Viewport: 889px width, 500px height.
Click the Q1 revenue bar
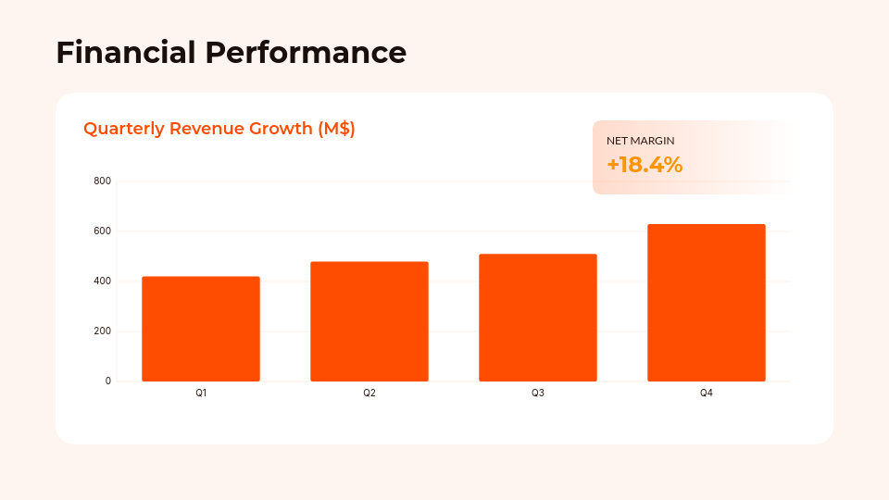201,329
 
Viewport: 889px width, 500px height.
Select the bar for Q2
369,321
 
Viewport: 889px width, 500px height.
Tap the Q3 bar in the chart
538,318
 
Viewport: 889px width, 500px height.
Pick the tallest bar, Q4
707,303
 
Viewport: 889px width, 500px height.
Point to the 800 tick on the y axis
103,181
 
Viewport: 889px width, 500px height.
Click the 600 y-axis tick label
103,231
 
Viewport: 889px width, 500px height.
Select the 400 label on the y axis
103,281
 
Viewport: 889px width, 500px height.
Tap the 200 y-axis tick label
103,331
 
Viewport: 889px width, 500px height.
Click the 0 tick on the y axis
107,381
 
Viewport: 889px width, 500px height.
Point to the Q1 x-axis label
201,394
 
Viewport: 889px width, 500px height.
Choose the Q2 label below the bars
369,394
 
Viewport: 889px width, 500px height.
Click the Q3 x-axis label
538,394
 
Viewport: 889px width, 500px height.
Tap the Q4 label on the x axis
707,394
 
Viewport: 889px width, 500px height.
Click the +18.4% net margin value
645,165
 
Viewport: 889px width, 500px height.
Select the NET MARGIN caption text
640,141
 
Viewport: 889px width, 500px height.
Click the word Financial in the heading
126,52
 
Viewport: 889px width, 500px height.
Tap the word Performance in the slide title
306,52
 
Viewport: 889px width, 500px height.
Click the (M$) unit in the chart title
336,129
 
